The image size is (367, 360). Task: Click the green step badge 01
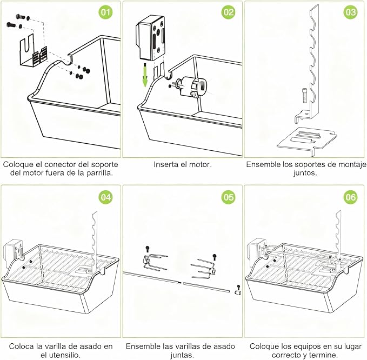point(105,12)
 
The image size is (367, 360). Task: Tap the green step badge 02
point(228,12)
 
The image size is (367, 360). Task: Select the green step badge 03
point(350,12)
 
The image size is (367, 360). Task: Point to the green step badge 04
point(105,197)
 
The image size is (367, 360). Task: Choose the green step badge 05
point(228,197)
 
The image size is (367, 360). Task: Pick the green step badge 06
point(350,197)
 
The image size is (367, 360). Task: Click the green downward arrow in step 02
point(145,75)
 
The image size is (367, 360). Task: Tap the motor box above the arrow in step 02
point(150,37)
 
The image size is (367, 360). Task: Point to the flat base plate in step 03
point(307,141)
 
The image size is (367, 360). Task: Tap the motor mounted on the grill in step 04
point(13,251)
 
